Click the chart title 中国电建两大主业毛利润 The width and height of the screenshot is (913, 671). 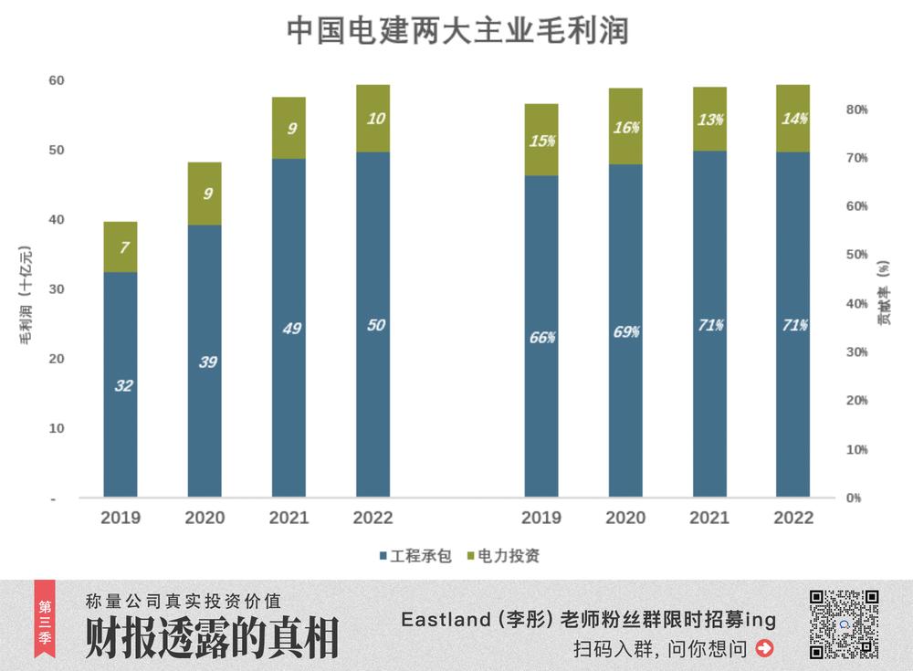coord(457,29)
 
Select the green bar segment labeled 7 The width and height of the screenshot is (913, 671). coord(121,247)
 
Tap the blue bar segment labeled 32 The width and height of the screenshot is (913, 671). coord(121,384)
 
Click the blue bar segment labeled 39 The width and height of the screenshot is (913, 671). coord(205,361)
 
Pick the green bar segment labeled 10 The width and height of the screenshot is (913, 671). coord(373,119)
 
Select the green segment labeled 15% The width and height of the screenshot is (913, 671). coord(541,140)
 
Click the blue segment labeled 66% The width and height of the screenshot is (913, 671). coord(541,336)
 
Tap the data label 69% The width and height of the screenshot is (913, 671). coord(625,332)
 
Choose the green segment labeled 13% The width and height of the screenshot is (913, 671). coord(709,120)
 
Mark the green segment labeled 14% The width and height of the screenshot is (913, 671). coord(792,119)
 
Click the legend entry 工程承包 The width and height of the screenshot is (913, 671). coord(415,555)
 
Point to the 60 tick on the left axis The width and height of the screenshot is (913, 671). coord(57,80)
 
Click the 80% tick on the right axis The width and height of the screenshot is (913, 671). coord(857,110)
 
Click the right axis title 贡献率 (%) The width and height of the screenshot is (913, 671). coord(884,292)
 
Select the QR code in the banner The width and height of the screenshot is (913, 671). coord(845,624)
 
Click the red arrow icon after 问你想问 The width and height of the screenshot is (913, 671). coord(765,649)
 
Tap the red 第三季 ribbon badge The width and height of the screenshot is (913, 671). coord(44,619)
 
